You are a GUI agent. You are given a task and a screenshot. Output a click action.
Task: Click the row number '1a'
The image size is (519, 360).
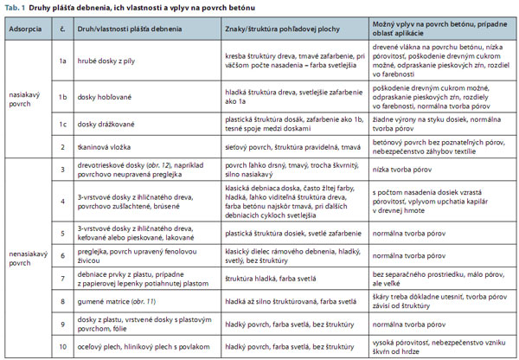(62, 62)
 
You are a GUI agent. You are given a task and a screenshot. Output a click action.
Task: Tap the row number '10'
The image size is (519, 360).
(62, 346)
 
